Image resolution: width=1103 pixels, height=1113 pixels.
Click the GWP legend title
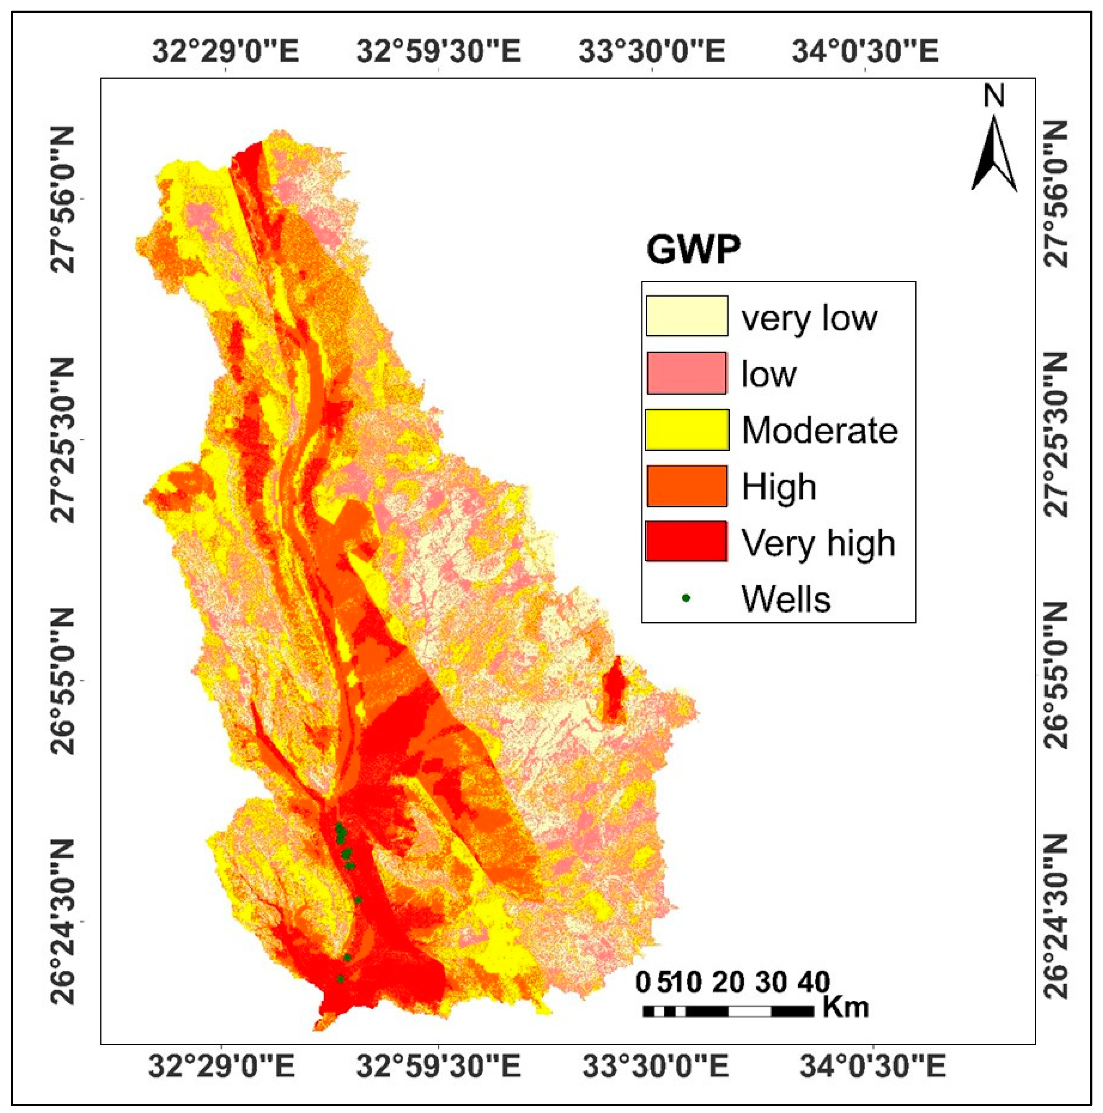tap(692, 250)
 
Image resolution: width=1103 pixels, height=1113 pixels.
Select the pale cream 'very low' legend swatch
tap(687, 316)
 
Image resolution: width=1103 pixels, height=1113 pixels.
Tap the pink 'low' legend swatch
tap(687, 373)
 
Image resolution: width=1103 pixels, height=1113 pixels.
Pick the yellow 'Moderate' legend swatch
tap(687, 430)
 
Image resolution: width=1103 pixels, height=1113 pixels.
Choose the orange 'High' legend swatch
tap(687, 486)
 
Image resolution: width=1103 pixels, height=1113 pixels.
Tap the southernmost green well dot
tap(340, 978)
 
